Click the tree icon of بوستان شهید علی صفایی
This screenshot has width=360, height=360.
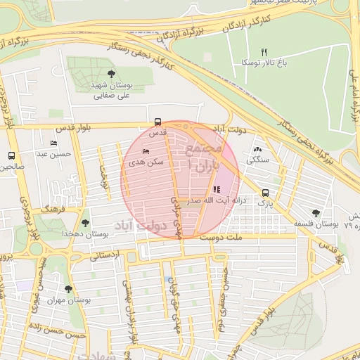112,74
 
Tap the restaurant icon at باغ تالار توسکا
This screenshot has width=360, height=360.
264,52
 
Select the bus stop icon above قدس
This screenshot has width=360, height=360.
157,121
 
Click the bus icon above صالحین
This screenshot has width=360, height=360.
11,155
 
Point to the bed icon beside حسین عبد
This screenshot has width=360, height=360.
54,143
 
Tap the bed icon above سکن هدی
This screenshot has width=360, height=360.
146,151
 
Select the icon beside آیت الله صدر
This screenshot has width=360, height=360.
216,189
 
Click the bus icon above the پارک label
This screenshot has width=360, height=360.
265,193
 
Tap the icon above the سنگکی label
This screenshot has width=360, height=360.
257,149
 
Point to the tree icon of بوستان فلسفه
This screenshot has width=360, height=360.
314,213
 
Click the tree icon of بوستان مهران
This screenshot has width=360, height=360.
68,289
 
